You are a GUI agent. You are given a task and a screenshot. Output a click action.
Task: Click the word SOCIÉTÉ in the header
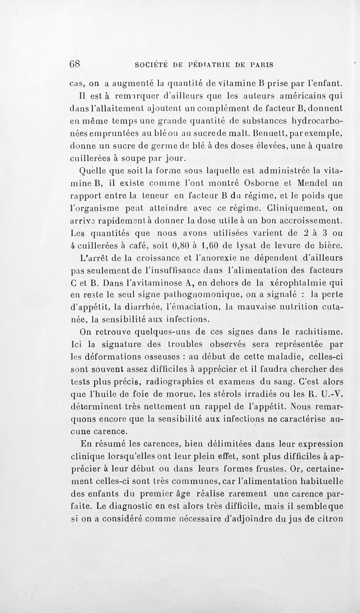155,64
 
